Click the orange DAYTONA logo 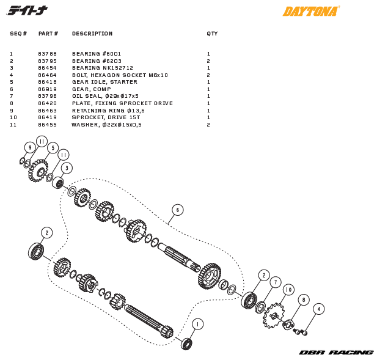[x=311, y=11]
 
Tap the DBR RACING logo [x=336, y=352]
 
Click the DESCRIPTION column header [x=92, y=34]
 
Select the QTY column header [x=212, y=34]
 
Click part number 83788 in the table [x=47, y=54]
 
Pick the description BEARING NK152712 [x=100, y=68]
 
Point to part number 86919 [x=47, y=89]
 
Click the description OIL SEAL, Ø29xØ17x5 [x=105, y=96]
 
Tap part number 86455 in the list [x=47, y=125]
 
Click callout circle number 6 [x=177, y=210]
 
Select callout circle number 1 [x=197, y=324]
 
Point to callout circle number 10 [x=288, y=290]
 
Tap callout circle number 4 [x=318, y=309]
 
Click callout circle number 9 [x=29, y=147]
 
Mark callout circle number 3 [x=67, y=167]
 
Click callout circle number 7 [x=276, y=282]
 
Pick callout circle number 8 [x=304, y=299]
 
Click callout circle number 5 [x=53, y=148]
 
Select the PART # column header [x=48, y=34]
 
